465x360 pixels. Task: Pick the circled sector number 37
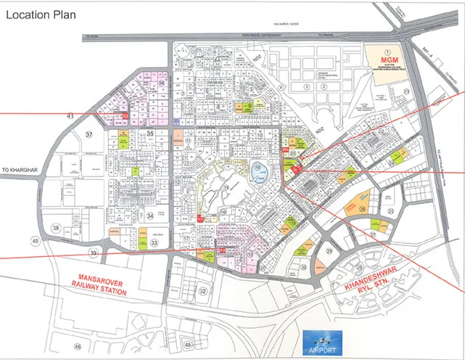(x=89, y=135)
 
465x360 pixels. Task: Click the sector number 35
(x=150, y=134)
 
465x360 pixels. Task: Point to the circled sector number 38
(x=57, y=228)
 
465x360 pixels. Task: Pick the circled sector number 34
(x=150, y=216)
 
